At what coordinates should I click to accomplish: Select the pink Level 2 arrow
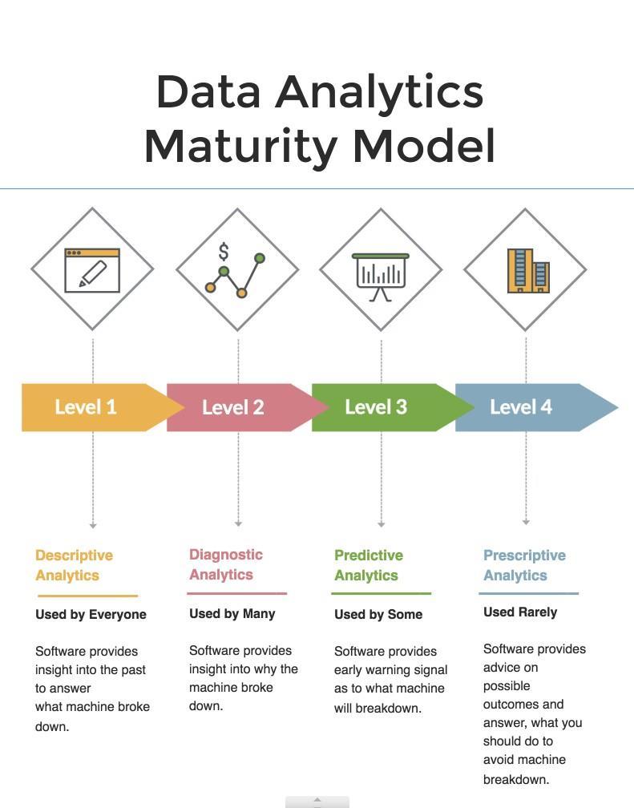[x=242, y=407]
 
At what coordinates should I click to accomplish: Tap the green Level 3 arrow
[x=386, y=407]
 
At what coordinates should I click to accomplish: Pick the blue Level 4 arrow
[x=531, y=407]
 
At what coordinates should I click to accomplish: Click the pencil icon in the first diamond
[x=93, y=273]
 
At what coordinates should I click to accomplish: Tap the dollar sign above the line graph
[x=224, y=252]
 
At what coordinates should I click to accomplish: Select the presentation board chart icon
[x=381, y=277]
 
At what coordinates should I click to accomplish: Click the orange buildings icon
[x=528, y=271]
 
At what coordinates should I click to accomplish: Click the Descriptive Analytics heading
[x=75, y=565]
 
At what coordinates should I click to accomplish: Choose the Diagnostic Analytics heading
[x=226, y=564]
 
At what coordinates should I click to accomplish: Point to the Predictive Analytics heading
[x=369, y=565]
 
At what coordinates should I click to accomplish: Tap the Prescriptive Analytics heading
[x=524, y=565]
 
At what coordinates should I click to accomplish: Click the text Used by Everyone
[x=91, y=614]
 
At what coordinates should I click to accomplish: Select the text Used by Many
[x=232, y=614]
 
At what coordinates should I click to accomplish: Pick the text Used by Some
[x=378, y=614]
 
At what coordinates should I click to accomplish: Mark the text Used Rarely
[x=520, y=612]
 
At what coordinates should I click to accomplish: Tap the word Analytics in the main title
[x=379, y=91]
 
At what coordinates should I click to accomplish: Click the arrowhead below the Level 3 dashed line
[x=381, y=524]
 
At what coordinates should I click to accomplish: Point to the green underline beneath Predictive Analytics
[x=381, y=594]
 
